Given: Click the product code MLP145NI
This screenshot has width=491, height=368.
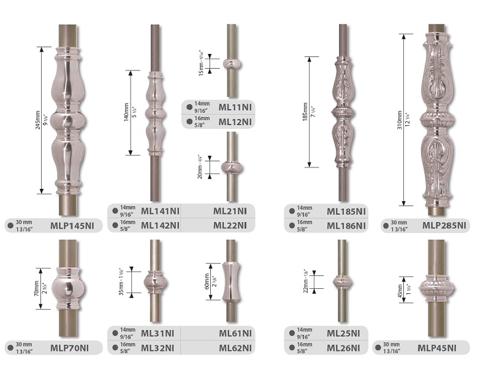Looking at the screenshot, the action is pyautogui.click(x=72, y=226).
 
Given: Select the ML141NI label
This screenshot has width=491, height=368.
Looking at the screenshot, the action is pyautogui.click(x=160, y=211).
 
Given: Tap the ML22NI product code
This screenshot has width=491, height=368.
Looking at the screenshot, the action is pyautogui.click(x=230, y=226).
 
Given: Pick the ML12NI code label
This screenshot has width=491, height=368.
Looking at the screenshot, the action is pyautogui.click(x=235, y=122).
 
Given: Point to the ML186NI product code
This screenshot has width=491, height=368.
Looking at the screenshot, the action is pyautogui.click(x=346, y=226).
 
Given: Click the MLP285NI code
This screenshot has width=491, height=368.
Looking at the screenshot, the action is pyautogui.click(x=444, y=225).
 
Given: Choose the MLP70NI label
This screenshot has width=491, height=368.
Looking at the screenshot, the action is pyautogui.click(x=69, y=348).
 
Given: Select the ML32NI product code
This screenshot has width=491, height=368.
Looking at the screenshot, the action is pyautogui.click(x=158, y=348).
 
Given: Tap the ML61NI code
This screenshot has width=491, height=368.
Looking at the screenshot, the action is pyautogui.click(x=235, y=334).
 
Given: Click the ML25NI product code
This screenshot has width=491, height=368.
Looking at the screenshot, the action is pyautogui.click(x=343, y=334).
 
